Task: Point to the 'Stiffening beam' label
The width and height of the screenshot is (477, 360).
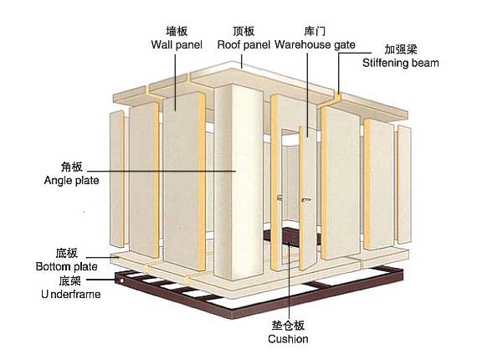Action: pyautogui.click(x=400, y=62)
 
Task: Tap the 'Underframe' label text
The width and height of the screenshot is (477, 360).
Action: pyautogui.click(x=69, y=295)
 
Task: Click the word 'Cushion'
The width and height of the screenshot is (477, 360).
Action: pyautogui.click(x=288, y=339)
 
